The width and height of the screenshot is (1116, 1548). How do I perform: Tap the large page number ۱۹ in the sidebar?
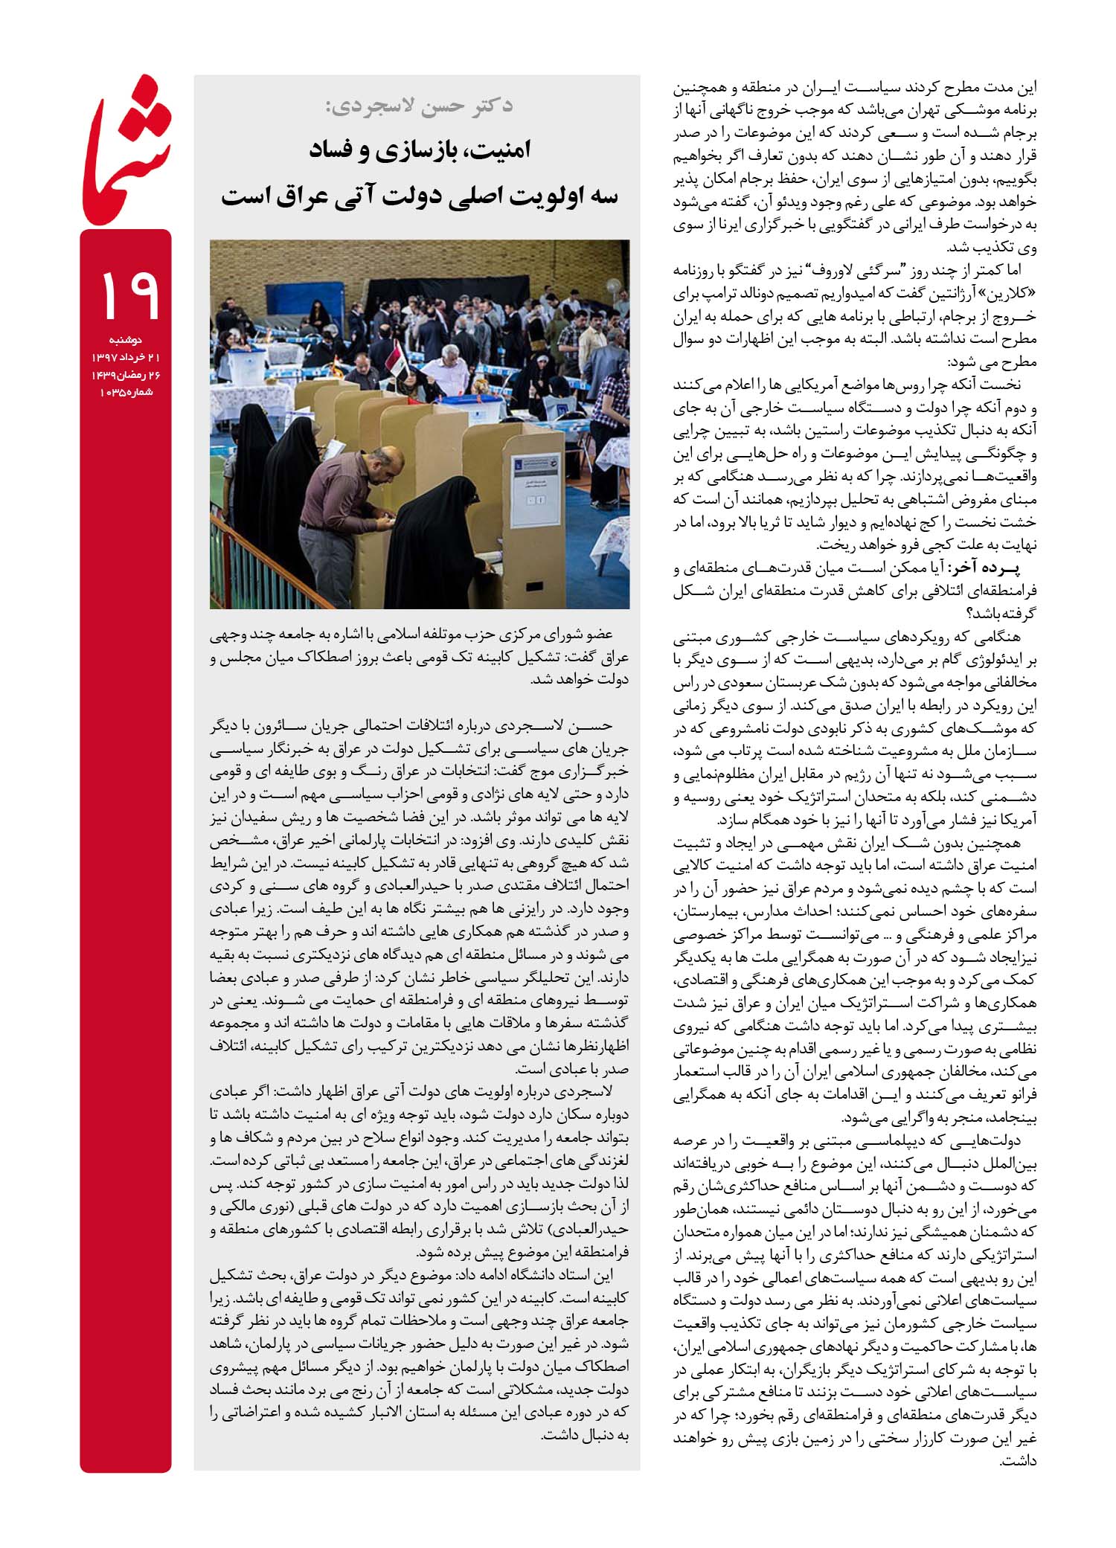tap(126, 295)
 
